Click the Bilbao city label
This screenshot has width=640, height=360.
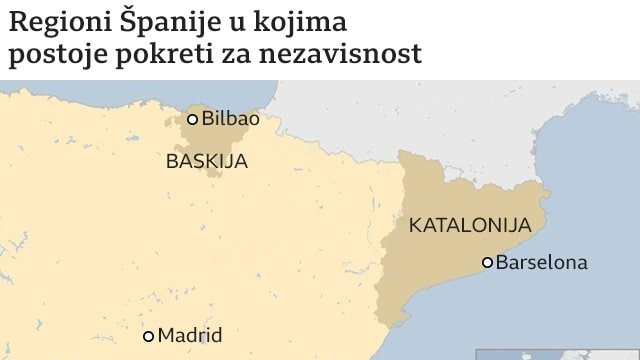(x=230, y=118)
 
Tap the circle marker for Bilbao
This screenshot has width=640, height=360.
(x=193, y=119)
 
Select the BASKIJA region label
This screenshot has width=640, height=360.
(x=207, y=161)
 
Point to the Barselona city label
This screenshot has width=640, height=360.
(x=541, y=263)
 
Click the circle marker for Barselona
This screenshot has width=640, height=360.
(x=488, y=263)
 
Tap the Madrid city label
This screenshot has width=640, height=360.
(x=190, y=336)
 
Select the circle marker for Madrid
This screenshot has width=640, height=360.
(x=149, y=336)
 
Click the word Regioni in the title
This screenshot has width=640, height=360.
(x=54, y=22)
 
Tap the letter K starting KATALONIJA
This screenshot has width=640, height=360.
(x=415, y=225)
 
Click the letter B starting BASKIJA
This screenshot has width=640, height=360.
(x=172, y=161)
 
